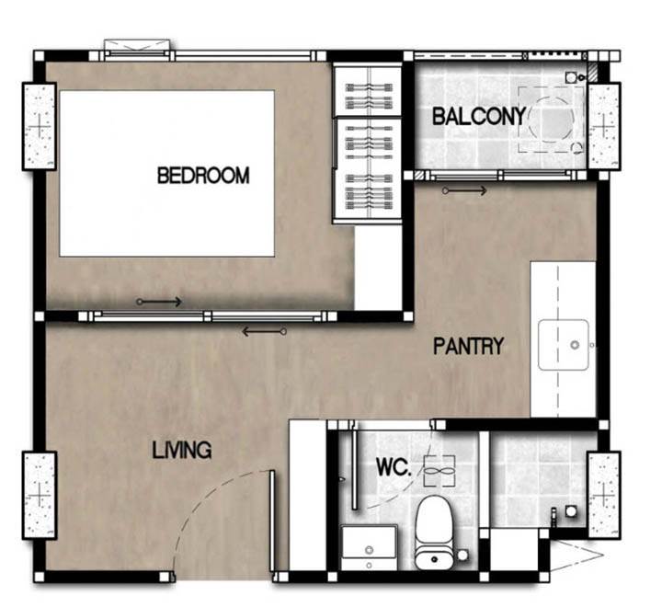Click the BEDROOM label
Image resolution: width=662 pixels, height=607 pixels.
tap(203, 176)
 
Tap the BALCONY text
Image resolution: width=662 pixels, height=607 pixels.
tap(479, 116)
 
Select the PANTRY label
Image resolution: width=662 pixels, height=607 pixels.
tap(469, 346)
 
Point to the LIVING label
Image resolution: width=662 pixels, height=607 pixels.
tap(182, 451)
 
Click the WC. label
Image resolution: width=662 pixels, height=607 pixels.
tap(394, 467)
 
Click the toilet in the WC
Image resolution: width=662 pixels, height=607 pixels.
tap(434, 533)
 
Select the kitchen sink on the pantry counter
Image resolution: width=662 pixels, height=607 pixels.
tap(564, 345)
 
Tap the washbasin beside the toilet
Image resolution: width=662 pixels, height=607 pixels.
tap(369, 548)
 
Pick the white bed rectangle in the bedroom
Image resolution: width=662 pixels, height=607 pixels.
tap(167, 173)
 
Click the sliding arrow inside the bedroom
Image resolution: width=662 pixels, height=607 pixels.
tap(159, 302)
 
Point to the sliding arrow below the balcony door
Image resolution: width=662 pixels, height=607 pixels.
tap(464, 191)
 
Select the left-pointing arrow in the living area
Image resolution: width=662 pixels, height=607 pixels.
tap(265, 332)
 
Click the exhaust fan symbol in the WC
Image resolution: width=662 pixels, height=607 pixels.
tap(439, 471)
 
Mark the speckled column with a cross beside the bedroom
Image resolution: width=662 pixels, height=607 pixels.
tap(40, 126)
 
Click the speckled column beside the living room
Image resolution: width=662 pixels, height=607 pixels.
tap(40, 495)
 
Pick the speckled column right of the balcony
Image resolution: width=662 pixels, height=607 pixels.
tap(604, 126)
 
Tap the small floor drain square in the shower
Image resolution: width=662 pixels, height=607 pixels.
tap(571, 511)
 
